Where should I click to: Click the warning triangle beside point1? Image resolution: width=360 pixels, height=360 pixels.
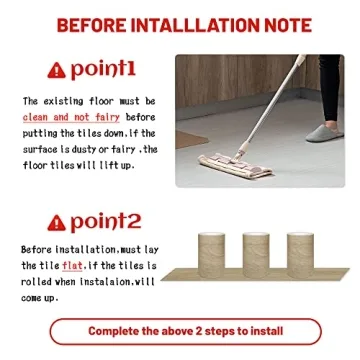[x=57, y=70]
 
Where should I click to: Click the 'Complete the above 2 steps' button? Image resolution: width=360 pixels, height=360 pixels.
[x=186, y=331]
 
